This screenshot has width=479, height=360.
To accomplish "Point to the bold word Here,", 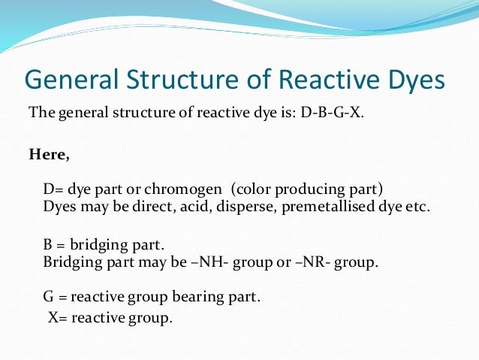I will click(x=50, y=156).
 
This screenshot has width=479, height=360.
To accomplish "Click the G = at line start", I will click(x=55, y=297).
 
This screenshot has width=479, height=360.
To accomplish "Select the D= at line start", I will click(x=55, y=187).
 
